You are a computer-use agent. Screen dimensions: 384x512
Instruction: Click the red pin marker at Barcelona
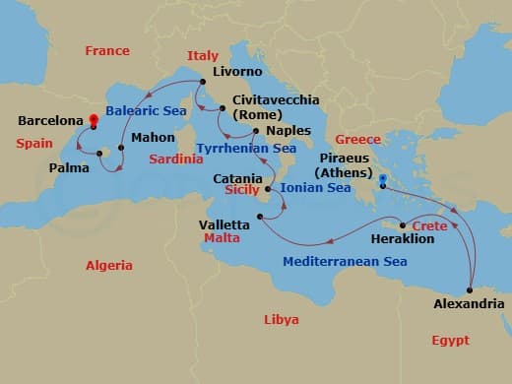(x=93, y=122)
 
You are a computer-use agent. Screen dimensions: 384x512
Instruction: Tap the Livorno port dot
(x=202, y=82)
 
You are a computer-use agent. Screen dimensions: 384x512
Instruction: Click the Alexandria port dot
(x=470, y=289)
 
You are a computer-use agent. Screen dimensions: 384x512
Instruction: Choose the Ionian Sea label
(x=315, y=187)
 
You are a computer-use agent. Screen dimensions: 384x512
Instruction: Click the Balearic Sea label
(x=146, y=110)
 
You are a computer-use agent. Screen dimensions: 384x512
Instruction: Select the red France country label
(x=107, y=50)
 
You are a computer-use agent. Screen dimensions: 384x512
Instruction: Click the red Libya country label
(x=282, y=319)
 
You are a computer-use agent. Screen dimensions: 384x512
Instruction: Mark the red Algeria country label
(x=108, y=265)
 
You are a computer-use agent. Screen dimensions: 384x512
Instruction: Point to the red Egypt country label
(x=450, y=340)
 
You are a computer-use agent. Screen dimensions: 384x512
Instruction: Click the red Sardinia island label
(x=177, y=159)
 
